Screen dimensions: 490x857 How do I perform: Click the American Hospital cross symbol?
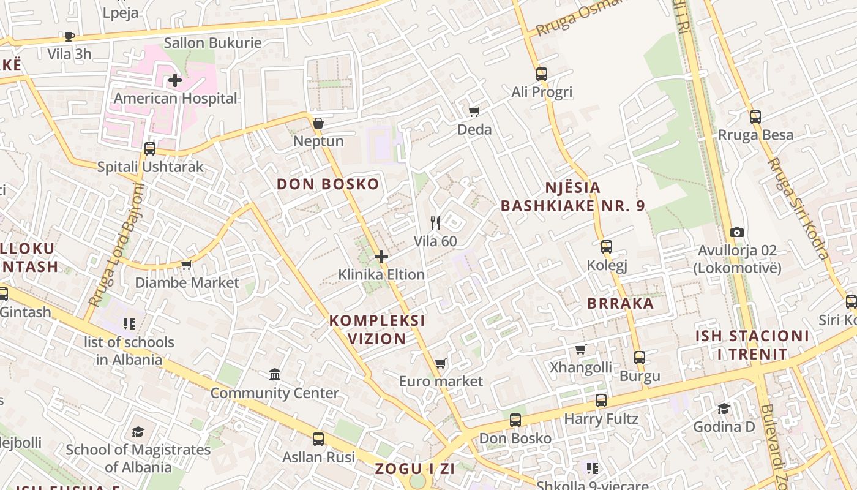(175, 80)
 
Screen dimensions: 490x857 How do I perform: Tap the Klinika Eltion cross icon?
(381, 257)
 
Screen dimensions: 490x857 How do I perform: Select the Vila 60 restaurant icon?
(435, 222)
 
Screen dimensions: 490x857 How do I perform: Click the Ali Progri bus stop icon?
(541, 74)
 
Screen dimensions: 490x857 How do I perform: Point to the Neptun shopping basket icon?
(318, 123)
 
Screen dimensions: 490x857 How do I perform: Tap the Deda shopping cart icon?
(474, 111)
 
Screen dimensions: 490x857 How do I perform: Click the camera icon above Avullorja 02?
(737, 232)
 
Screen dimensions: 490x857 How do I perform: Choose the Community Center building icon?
(275, 374)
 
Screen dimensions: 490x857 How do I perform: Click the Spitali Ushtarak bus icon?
(149, 148)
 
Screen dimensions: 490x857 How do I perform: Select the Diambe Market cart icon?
(187, 265)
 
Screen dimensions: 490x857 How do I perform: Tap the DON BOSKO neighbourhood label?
(328, 184)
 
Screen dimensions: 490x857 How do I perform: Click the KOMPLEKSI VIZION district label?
(377, 330)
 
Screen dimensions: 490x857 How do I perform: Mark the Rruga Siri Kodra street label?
(799, 208)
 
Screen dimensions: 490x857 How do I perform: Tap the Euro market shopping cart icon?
(440, 364)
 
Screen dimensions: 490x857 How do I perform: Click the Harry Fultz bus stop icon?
(601, 401)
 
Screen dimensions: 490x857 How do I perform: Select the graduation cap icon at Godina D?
(724, 409)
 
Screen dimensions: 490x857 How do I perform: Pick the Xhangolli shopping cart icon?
(581, 349)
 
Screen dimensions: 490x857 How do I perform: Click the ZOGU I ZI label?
(415, 469)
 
